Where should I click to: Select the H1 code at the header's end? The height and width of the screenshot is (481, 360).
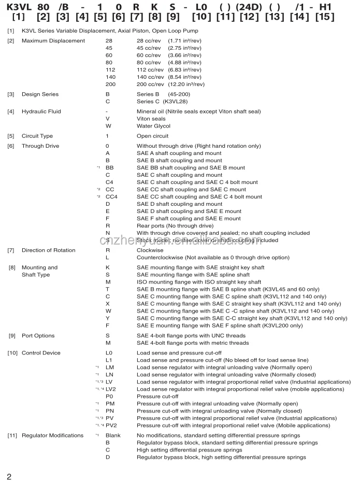(x=326, y=7)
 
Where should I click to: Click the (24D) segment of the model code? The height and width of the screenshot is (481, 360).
(x=250, y=7)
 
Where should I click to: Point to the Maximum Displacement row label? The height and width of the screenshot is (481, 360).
(x=53, y=40)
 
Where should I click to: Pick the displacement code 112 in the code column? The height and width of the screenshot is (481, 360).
(x=110, y=69)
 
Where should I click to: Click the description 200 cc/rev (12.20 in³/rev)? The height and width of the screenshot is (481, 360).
(x=170, y=84)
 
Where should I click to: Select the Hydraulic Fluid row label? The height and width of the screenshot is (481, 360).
(x=41, y=111)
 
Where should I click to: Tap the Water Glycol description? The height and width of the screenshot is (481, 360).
(x=153, y=126)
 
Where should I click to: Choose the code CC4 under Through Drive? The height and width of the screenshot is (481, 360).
(x=111, y=197)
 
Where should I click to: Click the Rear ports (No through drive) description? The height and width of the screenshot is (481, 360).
(x=175, y=226)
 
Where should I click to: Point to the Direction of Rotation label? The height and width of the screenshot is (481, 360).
(x=48, y=250)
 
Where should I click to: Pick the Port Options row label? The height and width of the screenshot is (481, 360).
(x=38, y=336)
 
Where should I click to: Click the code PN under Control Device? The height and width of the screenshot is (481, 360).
(x=110, y=411)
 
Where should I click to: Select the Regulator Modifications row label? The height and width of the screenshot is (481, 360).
(x=52, y=435)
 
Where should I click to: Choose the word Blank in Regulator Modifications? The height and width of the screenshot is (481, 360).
(x=113, y=435)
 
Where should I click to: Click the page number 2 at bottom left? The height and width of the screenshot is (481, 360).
(x=9, y=476)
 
